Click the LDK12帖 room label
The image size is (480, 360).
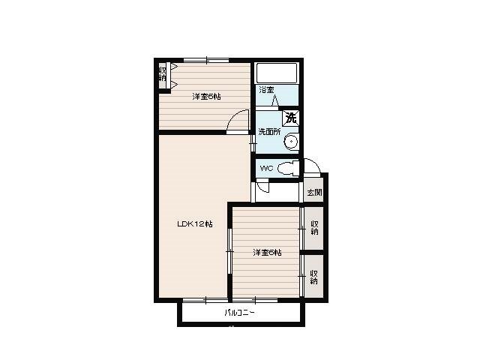(x=195, y=223)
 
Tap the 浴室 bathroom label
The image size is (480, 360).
(x=266, y=90)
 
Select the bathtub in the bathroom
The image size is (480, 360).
(x=277, y=73)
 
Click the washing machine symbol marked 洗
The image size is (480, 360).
(x=290, y=118)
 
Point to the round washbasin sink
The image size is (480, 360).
(x=291, y=141)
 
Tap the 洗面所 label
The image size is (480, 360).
(x=269, y=132)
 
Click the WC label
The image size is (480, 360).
(x=266, y=168)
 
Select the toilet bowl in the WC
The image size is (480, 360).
(x=288, y=168)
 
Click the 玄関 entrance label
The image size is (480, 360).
(x=314, y=193)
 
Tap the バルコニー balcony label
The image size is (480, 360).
(x=240, y=313)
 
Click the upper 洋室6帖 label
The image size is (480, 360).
(x=206, y=97)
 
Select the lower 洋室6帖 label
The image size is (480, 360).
(x=267, y=253)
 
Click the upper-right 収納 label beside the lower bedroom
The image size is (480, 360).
(x=314, y=228)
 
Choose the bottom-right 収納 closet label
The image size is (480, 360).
(x=314, y=277)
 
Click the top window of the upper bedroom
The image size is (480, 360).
(x=207, y=60)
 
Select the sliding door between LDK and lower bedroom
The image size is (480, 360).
(x=229, y=251)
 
